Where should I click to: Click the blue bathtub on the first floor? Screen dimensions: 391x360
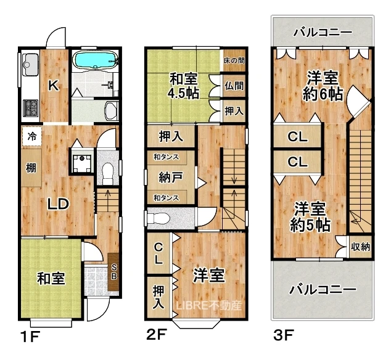point(95,59)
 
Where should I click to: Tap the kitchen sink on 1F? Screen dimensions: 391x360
point(30,65)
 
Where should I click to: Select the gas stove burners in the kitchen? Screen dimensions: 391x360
point(30,108)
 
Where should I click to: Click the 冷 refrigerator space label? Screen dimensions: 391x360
point(31,136)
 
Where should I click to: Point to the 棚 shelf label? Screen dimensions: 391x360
point(31,168)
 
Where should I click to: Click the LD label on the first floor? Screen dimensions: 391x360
point(58,204)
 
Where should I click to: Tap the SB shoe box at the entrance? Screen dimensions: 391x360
point(113,272)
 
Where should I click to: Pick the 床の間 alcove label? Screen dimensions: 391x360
point(234,60)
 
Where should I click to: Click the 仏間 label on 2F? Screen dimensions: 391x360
point(234,86)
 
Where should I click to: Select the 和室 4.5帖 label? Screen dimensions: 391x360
point(184,86)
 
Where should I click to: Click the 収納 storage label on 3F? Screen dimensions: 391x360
point(360,247)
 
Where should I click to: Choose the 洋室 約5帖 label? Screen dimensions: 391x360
point(310,217)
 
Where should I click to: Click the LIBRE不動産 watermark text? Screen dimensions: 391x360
point(209,306)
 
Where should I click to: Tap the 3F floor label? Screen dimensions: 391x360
point(284,335)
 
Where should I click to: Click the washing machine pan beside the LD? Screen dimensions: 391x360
point(81,160)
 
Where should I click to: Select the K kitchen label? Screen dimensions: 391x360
point(54,86)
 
